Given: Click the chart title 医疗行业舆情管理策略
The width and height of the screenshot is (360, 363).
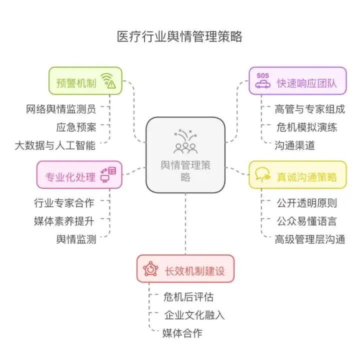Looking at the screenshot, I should [179, 37].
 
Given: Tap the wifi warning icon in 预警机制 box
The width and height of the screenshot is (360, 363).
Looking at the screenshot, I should [108, 80].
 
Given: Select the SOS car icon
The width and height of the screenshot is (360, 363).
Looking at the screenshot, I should [262, 81].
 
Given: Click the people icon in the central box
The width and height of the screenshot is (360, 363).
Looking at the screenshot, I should [185, 142].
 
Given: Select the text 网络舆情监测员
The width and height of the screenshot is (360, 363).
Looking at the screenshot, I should [61, 108].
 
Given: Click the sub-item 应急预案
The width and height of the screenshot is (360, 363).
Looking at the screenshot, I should [75, 126].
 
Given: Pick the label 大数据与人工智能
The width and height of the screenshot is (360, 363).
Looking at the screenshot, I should [55, 145].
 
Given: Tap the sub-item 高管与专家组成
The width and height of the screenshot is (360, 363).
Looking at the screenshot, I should [310, 108].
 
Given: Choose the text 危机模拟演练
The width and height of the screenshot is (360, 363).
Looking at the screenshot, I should [306, 127].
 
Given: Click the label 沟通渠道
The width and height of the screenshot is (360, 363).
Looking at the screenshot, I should [295, 145].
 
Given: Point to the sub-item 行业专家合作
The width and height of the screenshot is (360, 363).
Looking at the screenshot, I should [64, 202].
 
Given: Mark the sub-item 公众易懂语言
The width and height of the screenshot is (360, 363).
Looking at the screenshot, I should [306, 220].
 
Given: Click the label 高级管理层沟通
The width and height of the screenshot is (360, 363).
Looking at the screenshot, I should [310, 239].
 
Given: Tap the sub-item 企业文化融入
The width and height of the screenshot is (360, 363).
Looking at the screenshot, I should [194, 315].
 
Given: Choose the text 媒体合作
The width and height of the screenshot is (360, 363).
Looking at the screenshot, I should [182, 333].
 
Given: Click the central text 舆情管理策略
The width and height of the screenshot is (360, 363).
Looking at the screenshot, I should [185, 170].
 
